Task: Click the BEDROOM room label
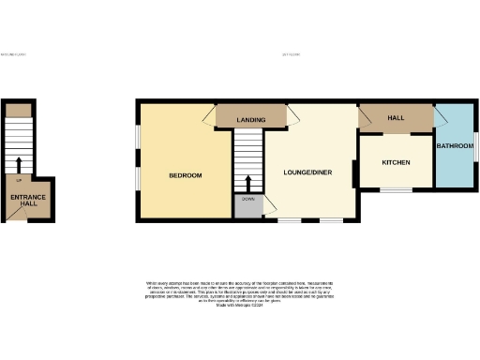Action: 185,175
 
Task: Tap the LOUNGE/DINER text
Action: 308,172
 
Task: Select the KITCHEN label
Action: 395,163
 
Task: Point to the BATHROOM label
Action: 456,144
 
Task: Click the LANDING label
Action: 250,120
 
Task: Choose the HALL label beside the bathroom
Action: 396,118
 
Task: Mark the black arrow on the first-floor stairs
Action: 248,182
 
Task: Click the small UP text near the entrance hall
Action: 19,178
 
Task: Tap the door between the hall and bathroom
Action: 439,119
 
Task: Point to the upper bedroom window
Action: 138,137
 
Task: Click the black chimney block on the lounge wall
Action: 354,174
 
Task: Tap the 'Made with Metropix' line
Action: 239,305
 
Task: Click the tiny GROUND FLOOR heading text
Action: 13,54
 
